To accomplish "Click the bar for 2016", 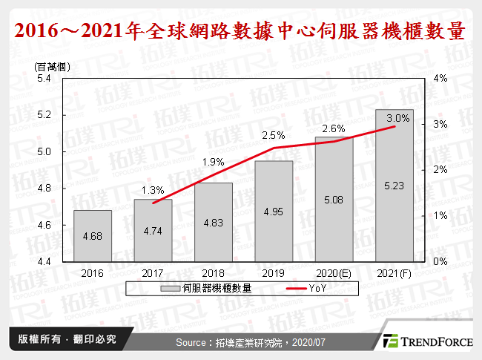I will pyautogui.click(x=93, y=236).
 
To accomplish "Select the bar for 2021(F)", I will pyautogui.click(x=394, y=186).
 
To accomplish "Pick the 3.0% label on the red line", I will pyautogui.click(x=397, y=118).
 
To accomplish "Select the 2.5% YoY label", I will pyautogui.click(x=274, y=135).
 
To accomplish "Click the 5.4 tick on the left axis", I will pyautogui.click(x=44, y=79).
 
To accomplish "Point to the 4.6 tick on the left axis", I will pyautogui.click(x=44, y=226).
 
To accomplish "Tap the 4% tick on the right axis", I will pyautogui.click(x=440, y=79).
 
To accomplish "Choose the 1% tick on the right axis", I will pyautogui.click(x=440, y=216).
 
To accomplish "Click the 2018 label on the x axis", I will pyautogui.click(x=213, y=272).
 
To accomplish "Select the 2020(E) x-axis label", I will pyautogui.click(x=334, y=272).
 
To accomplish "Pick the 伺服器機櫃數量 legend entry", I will pyautogui.click(x=215, y=289).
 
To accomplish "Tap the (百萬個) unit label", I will pyautogui.click(x=47, y=66).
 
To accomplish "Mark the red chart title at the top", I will pyautogui.click(x=240, y=33).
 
